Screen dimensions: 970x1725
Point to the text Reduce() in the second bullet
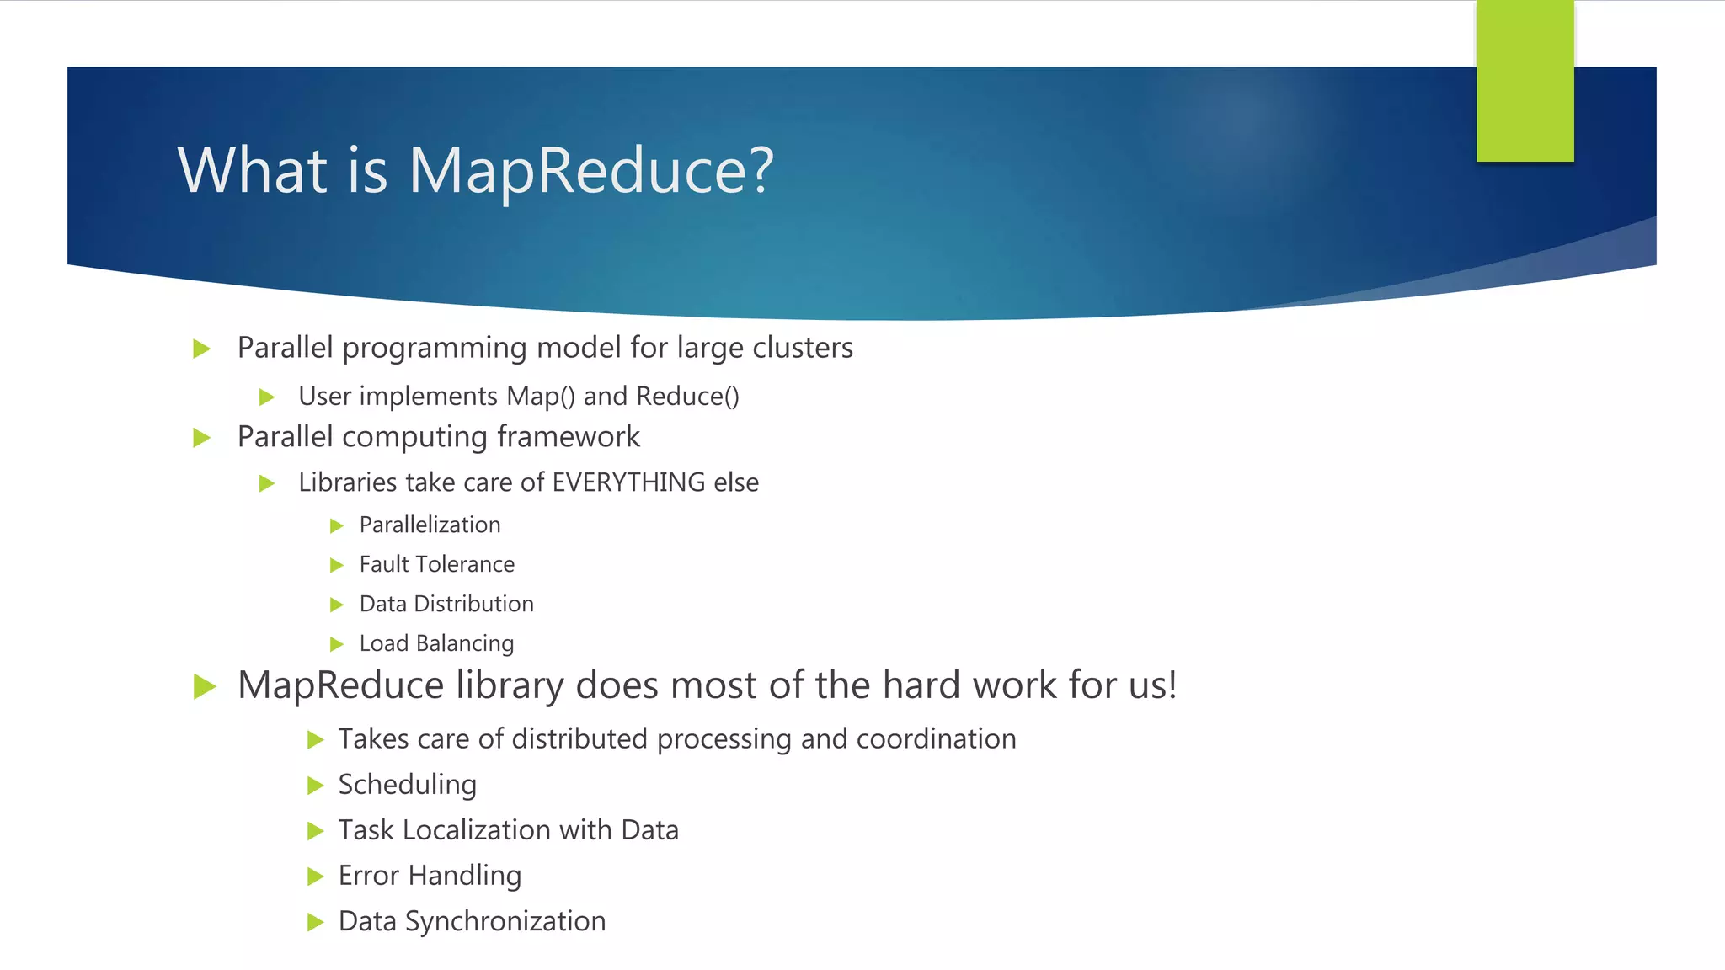click(x=687, y=397)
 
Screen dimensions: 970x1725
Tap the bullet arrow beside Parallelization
click(x=337, y=526)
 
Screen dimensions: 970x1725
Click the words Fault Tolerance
click(x=436, y=564)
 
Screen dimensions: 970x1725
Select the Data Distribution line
click(x=446, y=604)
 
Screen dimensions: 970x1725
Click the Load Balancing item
click(x=436, y=643)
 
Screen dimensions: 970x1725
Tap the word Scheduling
click(x=408, y=785)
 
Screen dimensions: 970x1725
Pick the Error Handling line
click(x=430, y=876)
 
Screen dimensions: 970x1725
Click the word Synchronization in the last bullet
click(x=505, y=921)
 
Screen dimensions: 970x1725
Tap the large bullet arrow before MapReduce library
click(x=204, y=686)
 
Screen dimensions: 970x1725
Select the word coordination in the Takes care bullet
click(x=936, y=739)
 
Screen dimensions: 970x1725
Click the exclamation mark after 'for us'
click(x=1171, y=685)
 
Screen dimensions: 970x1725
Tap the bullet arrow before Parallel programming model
click(x=201, y=349)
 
